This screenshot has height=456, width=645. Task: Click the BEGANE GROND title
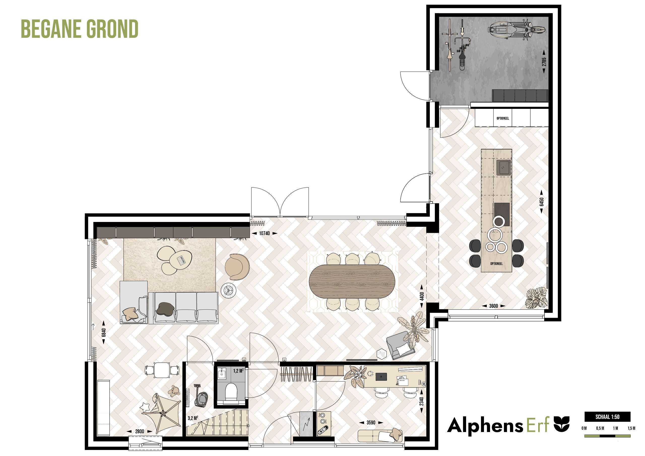point(80,29)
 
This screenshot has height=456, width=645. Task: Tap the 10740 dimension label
point(264,233)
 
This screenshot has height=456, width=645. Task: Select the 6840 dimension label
point(104,333)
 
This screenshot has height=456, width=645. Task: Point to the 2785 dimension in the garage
point(544,62)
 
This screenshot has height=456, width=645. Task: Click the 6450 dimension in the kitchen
point(541,202)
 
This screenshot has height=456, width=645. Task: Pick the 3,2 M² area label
point(193,418)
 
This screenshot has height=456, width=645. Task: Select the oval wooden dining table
point(352,281)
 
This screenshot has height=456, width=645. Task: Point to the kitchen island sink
point(503,167)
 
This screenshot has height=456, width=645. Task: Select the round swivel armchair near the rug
point(237,267)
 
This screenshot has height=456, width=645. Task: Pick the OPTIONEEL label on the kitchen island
point(496,264)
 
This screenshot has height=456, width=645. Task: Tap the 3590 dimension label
point(371,422)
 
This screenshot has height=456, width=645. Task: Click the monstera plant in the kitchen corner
point(536,298)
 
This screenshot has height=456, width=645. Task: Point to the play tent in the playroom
point(162,413)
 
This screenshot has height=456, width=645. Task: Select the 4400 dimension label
point(422,296)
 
